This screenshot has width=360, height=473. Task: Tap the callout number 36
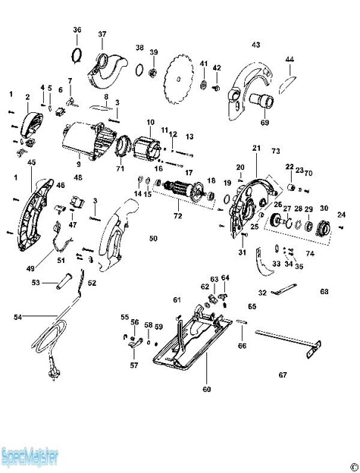click(x=77, y=30)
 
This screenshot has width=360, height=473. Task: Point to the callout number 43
click(x=255, y=45)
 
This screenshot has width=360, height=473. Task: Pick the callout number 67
click(x=283, y=374)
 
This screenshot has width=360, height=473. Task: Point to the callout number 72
click(x=177, y=218)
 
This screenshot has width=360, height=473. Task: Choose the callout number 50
click(x=153, y=239)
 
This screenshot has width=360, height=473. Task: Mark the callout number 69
click(x=265, y=122)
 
